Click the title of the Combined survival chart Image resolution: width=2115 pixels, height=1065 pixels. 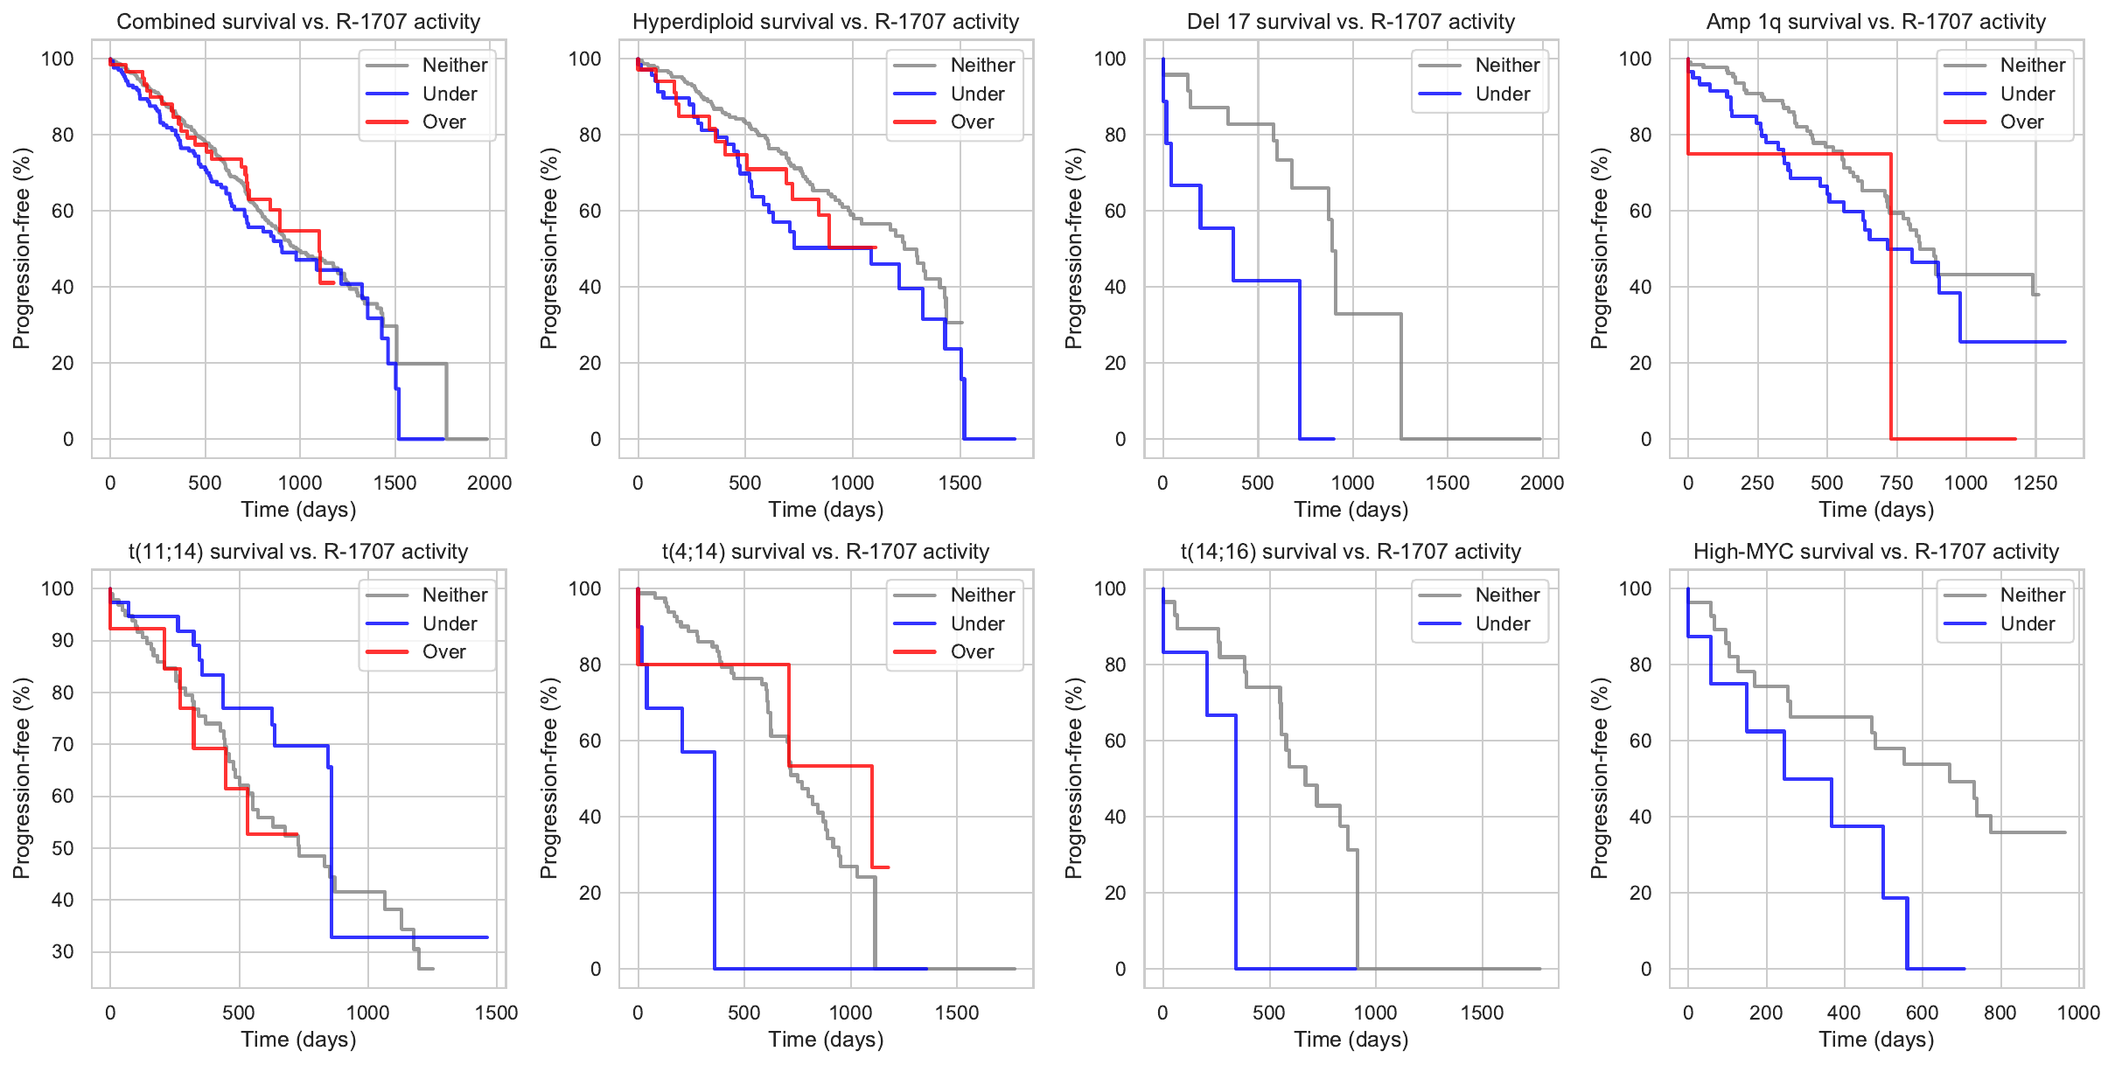[x=298, y=22]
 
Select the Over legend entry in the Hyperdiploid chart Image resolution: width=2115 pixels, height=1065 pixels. [x=972, y=122]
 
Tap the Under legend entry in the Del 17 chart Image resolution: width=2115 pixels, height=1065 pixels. [x=1502, y=94]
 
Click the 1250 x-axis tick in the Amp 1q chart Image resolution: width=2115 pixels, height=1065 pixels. [x=2035, y=483]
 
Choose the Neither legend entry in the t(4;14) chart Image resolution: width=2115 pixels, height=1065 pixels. [x=982, y=595]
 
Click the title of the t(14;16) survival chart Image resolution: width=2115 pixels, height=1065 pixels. [x=1351, y=552]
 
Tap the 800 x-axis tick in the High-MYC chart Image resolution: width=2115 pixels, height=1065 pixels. [x=2000, y=1013]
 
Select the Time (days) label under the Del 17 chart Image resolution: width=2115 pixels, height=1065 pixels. [x=1351, y=510]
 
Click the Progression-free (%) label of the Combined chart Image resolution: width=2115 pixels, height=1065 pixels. [x=22, y=248]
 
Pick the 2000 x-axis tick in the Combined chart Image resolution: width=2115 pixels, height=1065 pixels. [x=489, y=483]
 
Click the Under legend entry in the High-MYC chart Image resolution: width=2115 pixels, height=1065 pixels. [x=2027, y=624]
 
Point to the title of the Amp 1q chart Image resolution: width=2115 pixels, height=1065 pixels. [x=1875, y=22]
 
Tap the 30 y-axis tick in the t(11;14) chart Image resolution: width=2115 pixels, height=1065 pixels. [x=63, y=951]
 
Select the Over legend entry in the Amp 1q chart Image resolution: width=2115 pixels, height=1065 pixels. [x=2021, y=122]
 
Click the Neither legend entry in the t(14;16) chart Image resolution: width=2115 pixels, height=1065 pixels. [x=1507, y=595]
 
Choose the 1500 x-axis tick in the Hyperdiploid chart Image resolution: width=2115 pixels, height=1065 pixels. [x=960, y=483]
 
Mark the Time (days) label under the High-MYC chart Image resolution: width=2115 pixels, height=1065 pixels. [x=1875, y=1040]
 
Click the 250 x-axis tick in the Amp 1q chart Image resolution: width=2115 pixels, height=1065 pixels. [x=1757, y=483]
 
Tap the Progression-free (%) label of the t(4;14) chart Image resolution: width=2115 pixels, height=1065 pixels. [x=549, y=778]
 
